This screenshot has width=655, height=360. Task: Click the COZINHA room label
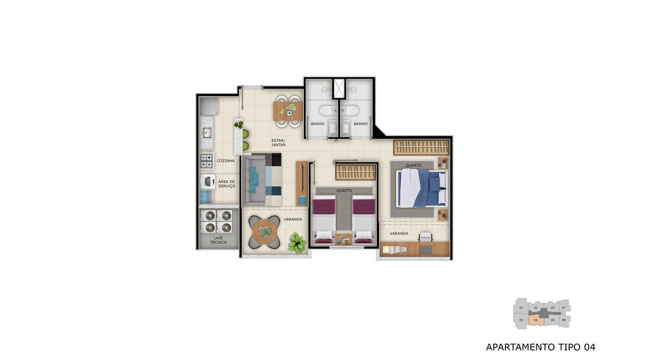[225, 160]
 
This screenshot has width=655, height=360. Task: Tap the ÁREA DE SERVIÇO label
[227, 184]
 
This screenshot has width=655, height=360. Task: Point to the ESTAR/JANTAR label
[279, 142]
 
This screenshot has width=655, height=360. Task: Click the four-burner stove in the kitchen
[207, 160]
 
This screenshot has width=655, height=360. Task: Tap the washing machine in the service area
[207, 181]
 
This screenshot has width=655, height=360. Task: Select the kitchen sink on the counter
[207, 134]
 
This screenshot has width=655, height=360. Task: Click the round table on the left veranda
[265, 230]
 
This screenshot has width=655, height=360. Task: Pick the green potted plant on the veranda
[297, 242]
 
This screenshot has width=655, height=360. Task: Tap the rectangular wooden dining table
[287, 111]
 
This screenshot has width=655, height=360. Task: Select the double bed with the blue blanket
[422, 189]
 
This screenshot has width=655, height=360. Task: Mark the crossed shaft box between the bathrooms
[339, 88]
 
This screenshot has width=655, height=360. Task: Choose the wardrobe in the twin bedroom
[356, 172]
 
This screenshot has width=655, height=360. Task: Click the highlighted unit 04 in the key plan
[536, 320]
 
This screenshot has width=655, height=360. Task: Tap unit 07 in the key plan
[564, 307]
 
